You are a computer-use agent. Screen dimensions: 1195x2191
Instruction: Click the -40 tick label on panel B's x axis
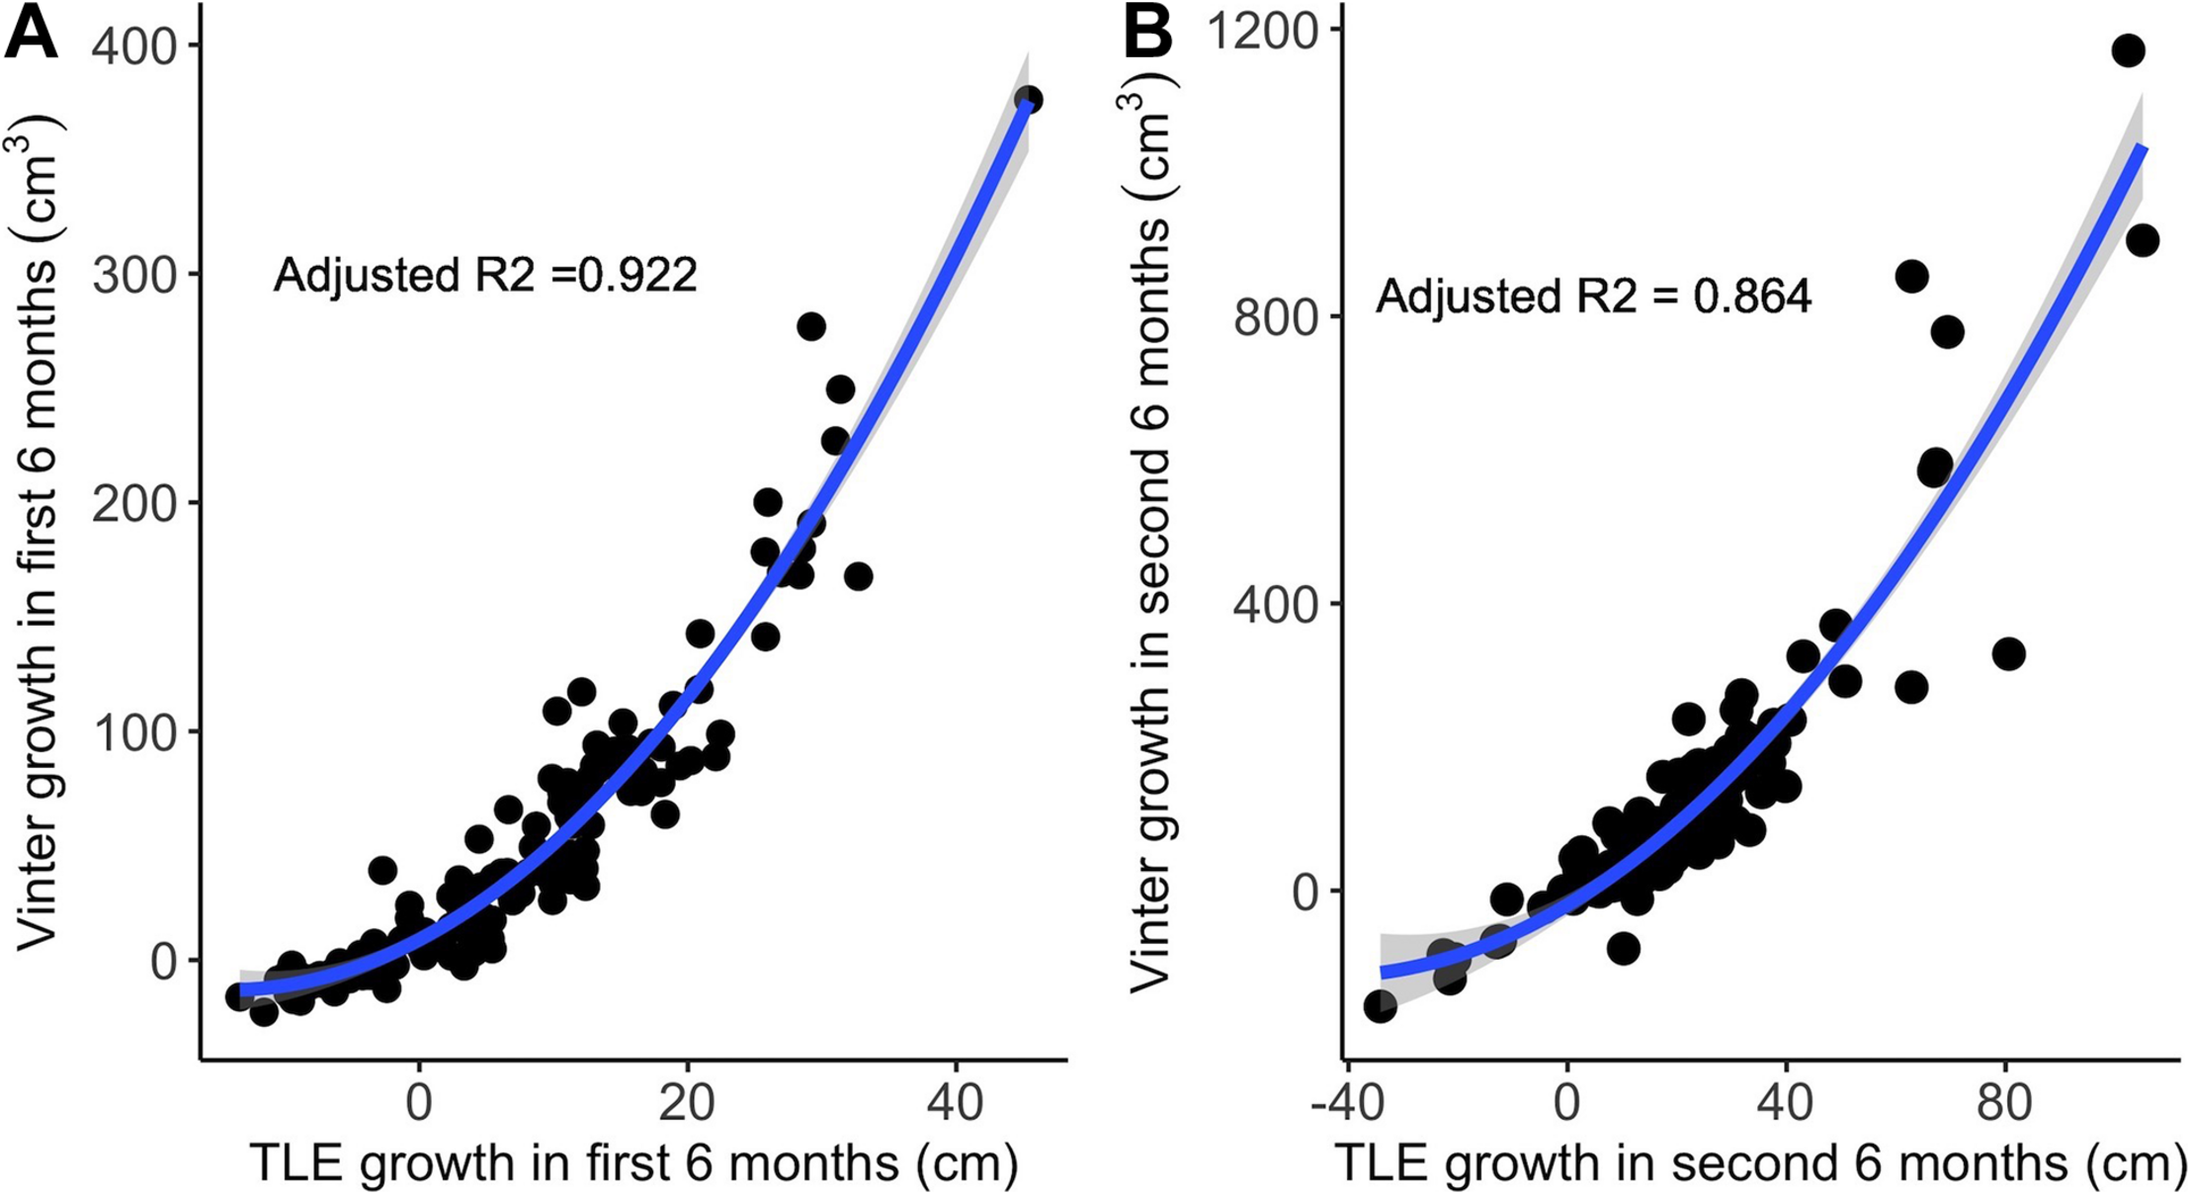(1345, 1103)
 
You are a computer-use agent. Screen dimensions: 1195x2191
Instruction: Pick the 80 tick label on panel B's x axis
(2004, 1103)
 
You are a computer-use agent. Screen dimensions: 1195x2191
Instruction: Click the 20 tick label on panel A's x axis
(687, 1103)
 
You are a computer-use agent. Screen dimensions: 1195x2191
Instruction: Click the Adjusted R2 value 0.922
(637, 275)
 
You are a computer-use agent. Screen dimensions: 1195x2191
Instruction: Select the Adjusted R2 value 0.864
(1752, 297)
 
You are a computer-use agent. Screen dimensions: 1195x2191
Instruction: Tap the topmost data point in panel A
(1028, 100)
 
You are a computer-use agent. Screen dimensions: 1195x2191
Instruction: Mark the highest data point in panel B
(2128, 50)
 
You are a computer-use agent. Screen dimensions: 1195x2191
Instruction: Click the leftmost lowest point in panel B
(1380, 1006)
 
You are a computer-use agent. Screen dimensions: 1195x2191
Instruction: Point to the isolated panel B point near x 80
(2009, 653)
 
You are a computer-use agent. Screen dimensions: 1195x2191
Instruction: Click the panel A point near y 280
(810, 326)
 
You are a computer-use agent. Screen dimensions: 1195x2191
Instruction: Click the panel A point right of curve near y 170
(858, 576)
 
